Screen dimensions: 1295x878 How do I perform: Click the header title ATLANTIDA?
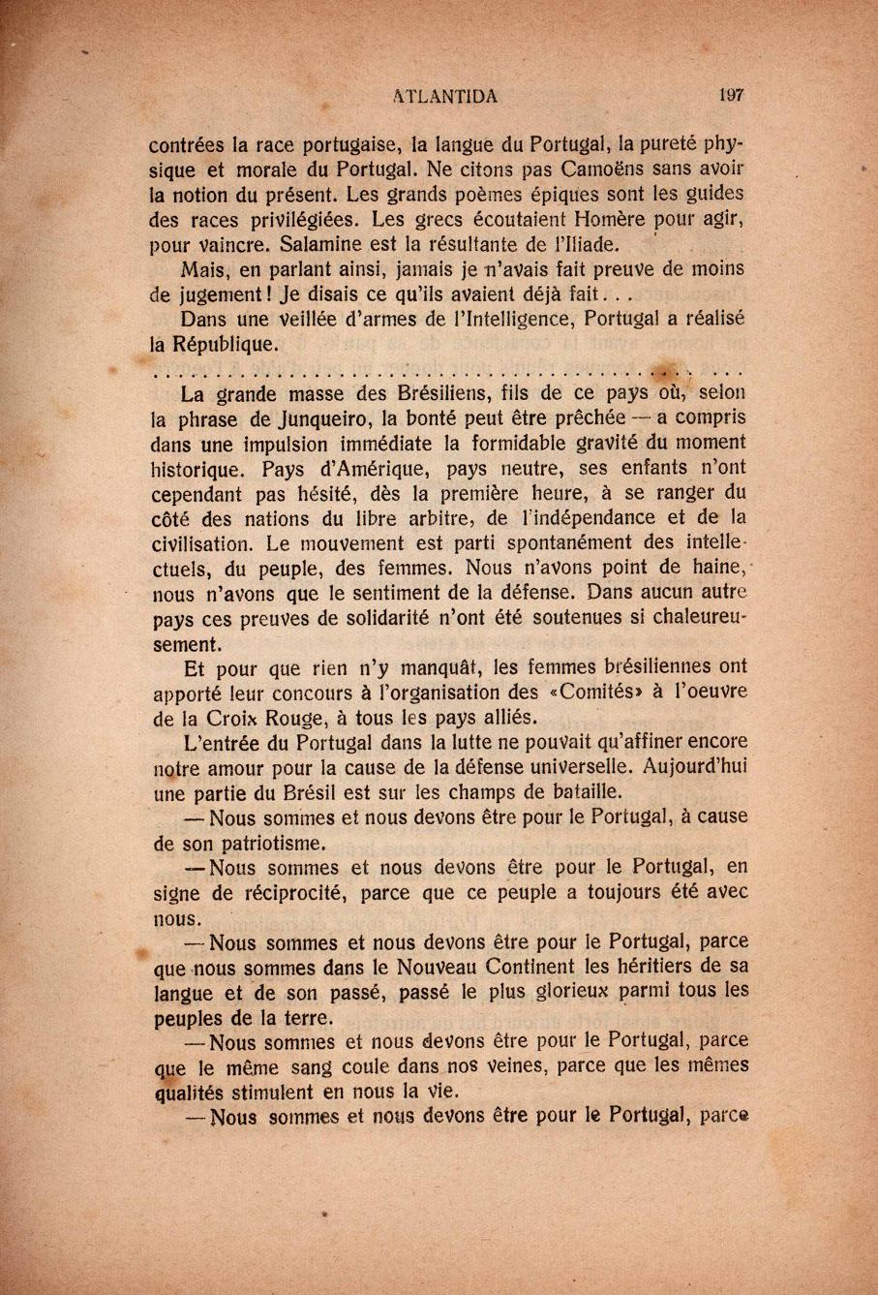click(x=446, y=95)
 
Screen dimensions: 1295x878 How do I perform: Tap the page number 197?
click(x=731, y=95)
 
